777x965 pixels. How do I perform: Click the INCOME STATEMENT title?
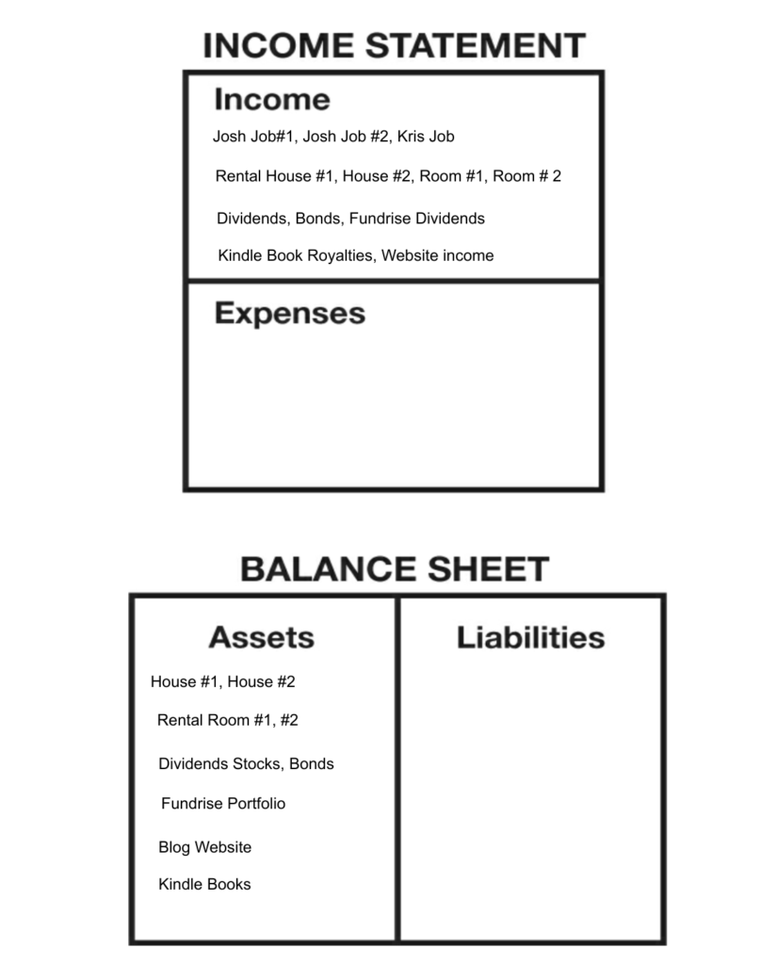[394, 45]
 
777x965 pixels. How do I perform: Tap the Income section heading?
[272, 99]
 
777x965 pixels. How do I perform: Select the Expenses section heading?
[290, 313]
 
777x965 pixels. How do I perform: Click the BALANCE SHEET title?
[395, 569]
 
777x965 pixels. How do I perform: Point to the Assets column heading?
[262, 637]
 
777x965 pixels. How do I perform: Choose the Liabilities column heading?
[530, 637]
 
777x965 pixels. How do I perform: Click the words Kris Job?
[426, 137]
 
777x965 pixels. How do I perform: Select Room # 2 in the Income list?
[527, 176]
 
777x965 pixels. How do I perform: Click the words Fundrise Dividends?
[417, 219]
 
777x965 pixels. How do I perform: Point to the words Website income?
[437, 255]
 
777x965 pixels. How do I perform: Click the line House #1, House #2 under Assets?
[222, 681]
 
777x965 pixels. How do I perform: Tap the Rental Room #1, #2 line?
[227, 720]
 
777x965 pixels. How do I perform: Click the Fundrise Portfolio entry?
[223, 803]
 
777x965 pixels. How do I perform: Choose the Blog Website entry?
[204, 847]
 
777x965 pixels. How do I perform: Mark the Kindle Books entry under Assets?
[204, 884]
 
